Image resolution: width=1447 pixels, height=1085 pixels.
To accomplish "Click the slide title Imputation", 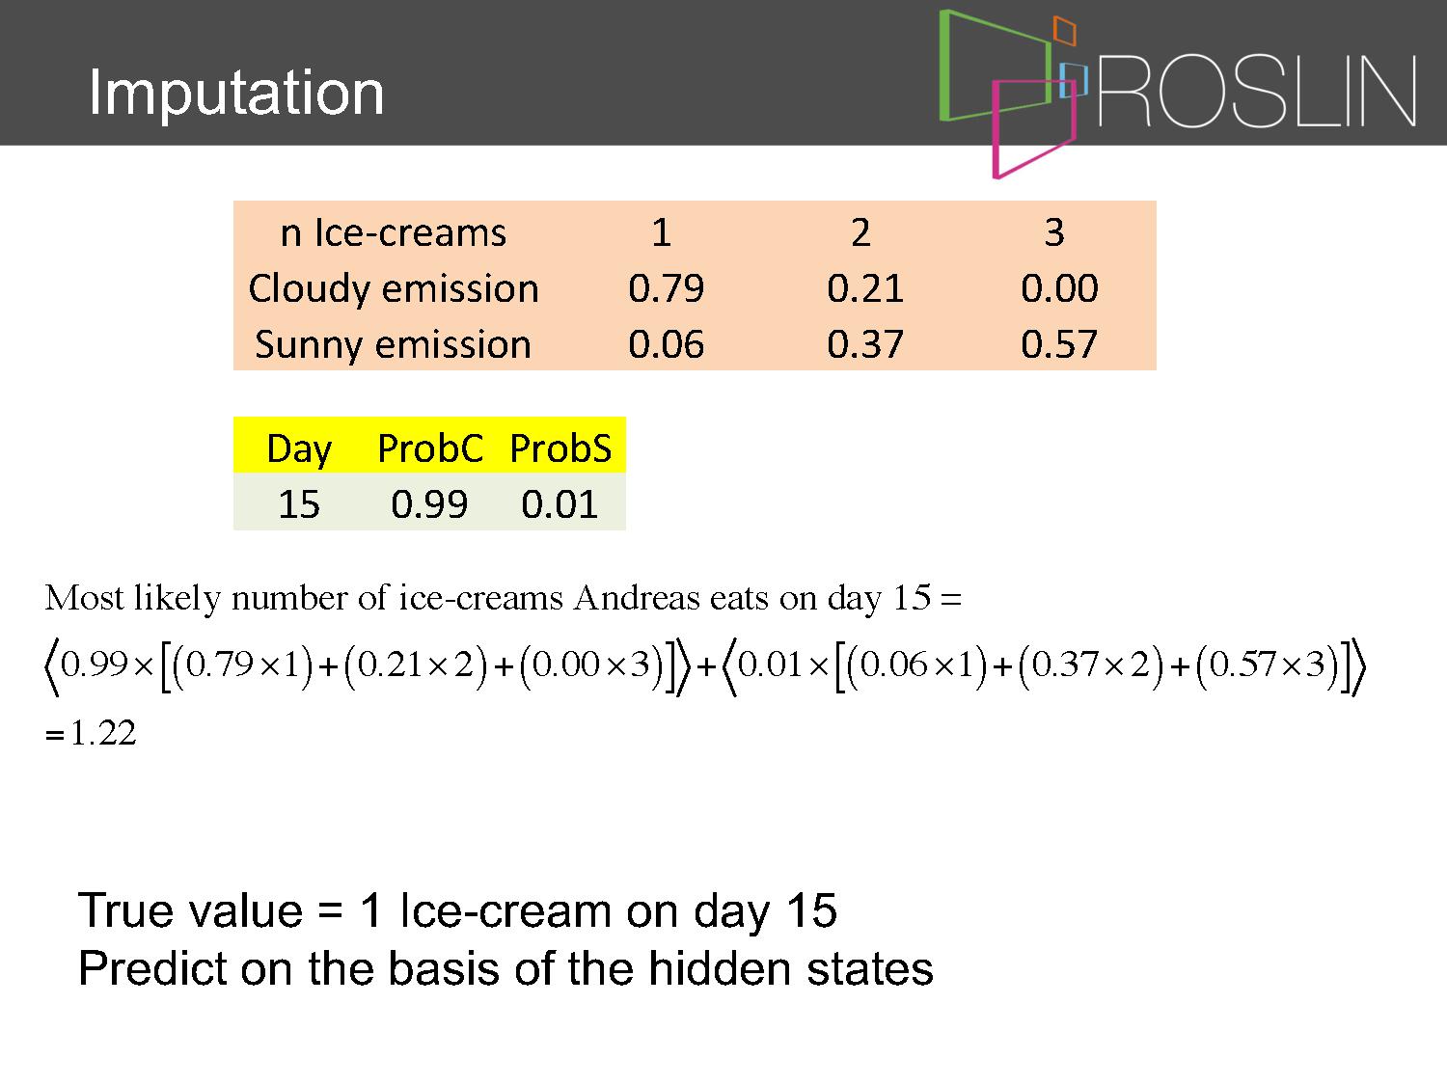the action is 236,93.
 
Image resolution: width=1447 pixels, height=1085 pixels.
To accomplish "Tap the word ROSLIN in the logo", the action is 1257,91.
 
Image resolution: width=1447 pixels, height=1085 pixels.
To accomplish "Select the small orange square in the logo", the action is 1064,30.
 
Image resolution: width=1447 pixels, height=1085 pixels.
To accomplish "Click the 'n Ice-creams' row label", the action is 393,232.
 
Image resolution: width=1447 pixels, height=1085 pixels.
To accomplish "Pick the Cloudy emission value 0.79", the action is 666,287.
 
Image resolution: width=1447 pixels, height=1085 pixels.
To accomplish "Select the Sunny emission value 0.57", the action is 1058,344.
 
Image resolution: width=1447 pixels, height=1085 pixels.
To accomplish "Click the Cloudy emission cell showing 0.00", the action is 1059,287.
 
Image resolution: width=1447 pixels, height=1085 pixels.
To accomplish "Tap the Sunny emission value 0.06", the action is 666,344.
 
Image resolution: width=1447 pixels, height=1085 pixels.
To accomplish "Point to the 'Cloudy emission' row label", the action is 394,289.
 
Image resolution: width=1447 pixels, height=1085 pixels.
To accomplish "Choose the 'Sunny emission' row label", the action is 393,345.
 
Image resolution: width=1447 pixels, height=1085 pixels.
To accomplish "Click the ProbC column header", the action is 430,448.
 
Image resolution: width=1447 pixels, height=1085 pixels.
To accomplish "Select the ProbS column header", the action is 560,448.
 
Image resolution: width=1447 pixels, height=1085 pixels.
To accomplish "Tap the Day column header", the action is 299,450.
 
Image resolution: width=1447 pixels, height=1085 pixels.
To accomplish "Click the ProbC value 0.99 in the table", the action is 429,504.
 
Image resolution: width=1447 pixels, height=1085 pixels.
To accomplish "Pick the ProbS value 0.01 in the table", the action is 559,504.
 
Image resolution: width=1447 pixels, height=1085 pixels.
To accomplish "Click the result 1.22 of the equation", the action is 103,733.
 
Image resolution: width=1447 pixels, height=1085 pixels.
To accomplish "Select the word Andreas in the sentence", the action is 636,598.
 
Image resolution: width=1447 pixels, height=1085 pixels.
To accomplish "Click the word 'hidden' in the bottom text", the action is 720,968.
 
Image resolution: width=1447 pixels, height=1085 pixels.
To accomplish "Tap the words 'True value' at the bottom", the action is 190,910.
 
